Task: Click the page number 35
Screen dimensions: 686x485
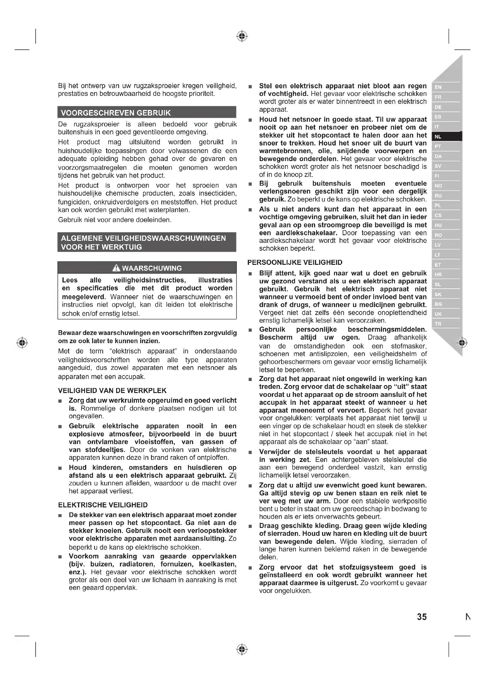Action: (x=422, y=617)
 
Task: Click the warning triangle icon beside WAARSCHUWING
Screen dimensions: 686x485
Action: (x=116, y=268)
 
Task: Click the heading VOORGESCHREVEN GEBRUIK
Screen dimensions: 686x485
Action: (x=116, y=113)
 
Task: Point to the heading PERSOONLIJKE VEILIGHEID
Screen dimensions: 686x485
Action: (x=295, y=262)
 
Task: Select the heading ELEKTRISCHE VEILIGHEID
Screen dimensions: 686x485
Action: (x=103, y=505)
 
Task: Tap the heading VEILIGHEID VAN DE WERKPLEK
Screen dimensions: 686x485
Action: (x=112, y=390)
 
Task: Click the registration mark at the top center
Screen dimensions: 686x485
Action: (x=242, y=36)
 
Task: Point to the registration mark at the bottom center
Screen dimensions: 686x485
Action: (x=242, y=649)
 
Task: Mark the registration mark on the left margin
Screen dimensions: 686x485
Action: (x=22, y=342)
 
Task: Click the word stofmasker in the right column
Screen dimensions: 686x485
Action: (x=409, y=346)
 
